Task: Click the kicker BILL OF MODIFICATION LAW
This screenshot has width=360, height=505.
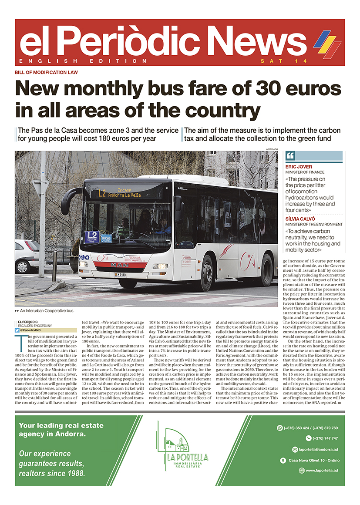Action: (x=46, y=72)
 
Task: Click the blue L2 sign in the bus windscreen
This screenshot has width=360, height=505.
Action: (x=91, y=236)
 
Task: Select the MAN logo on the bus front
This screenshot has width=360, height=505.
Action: (x=120, y=265)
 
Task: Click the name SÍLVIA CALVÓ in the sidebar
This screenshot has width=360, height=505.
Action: (x=301, y=219)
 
